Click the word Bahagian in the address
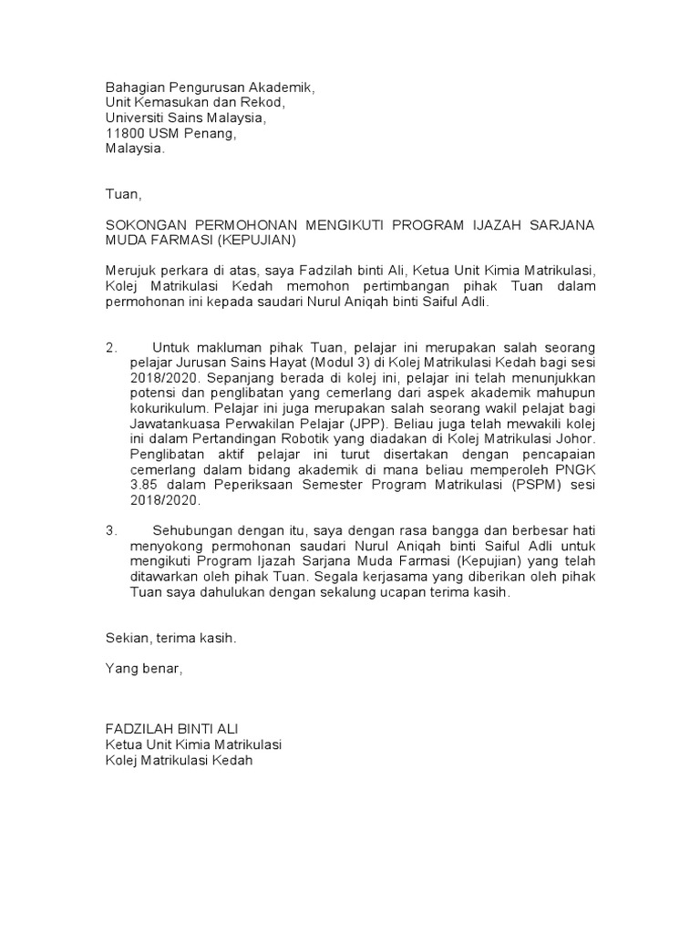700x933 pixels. pyautogui.click(x=136, y=87)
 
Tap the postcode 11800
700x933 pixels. pyautogui.click(x=125, y=133)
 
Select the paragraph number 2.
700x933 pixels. pyautogui.click(x=111, y=348)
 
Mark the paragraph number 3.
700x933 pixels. pyautogui.click(x=111, y=529)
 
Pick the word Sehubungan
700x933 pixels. pyautogui.click(x=190, y=529)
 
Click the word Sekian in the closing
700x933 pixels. pyautogui.click(x=128, y=639)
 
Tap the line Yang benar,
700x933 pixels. pyautogui.click(x=144, y=670)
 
